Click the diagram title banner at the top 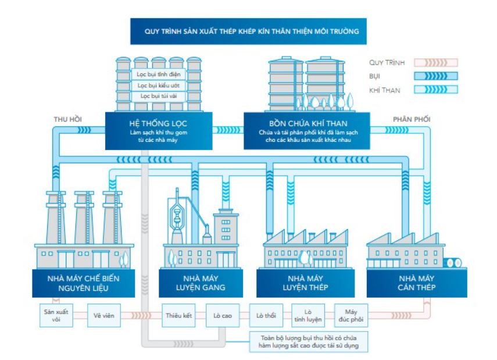click(x=248, y=31)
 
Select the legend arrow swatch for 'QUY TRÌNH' click(x=435, y=62)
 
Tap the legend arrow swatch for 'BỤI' click(x=435, y=76)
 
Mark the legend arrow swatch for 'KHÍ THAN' click(x=435, y=90)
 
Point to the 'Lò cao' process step click(x=221, y=315)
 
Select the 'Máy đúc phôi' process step click(x=351, y=315)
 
